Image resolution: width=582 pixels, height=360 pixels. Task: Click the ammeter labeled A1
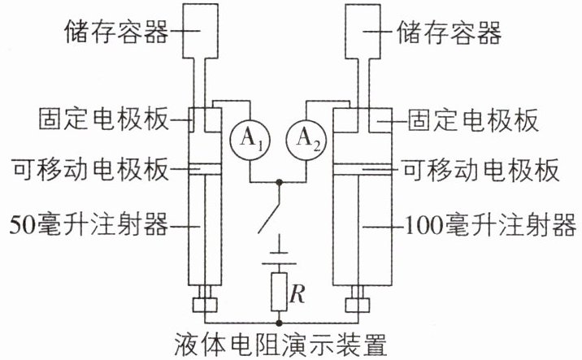(x=250, y=140)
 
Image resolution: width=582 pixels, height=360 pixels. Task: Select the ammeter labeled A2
(x=306, y=140)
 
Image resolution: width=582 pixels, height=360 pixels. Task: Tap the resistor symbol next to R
(x=279, y=292)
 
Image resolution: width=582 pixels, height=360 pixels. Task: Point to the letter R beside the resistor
(x=298, y=293)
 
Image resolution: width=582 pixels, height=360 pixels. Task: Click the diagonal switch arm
(x=269, y=208)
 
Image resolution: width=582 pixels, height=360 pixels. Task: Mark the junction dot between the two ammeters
(x=279, y=182)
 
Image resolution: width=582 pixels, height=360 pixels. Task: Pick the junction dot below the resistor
(x=279, y=323)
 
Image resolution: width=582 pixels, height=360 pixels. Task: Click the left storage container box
(x=201, y=31)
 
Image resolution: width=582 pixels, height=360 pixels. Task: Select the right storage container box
(x=363, y=31)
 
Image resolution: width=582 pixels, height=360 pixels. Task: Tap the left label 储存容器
(x=116, y=32)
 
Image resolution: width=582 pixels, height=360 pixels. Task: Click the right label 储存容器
(x=450, y=33)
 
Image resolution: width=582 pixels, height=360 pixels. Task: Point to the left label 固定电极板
(x=103, y=119)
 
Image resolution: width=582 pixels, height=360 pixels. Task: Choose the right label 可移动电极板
(x=481, y=170)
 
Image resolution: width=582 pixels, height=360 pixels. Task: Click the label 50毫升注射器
(x=89, y=225)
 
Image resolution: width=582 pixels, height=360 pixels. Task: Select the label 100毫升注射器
(x=490, y=225)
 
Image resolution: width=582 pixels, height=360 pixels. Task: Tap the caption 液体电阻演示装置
(x=280, y=344)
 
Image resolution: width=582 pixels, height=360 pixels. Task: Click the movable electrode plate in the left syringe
(x=206, y=169)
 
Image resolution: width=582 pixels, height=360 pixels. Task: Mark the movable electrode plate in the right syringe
(x=363, y=169)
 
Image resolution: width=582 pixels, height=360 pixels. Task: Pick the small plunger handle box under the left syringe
(x=205, y=305)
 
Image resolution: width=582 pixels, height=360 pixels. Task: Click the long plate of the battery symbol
(x=279, y=264)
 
